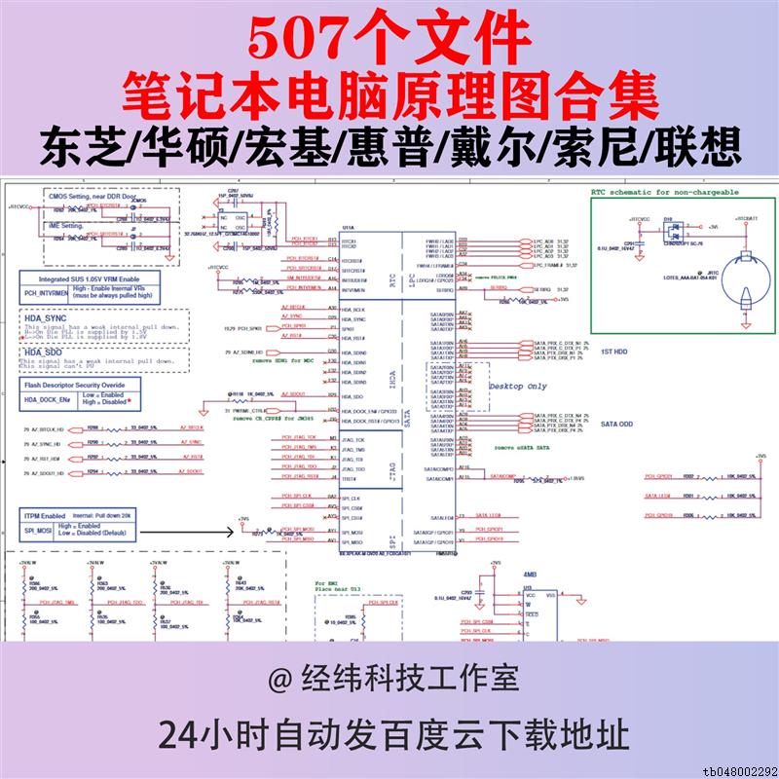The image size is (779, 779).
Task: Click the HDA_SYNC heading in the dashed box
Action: [x=46, y=318]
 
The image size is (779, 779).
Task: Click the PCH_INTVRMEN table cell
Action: [x=46, y=290]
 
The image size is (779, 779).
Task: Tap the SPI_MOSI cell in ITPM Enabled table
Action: [x=40, y=532]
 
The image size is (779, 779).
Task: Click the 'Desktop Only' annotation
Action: [x=517, y=387]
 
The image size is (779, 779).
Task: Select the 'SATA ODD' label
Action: [x=617, y=425]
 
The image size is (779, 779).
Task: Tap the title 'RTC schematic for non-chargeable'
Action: [x=665, y=193]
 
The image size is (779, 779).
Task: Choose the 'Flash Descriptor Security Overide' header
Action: [x=81, y=385]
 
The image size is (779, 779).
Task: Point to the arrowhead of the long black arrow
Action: [x=238, y=532]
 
